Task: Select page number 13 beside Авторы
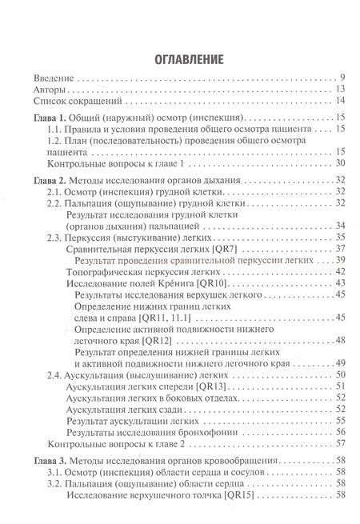click(340, 89)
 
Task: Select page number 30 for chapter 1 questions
click(340, 163)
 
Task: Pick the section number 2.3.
click(56, 238)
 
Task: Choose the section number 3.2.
click(56, 485)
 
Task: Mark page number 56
click(340, 431)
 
